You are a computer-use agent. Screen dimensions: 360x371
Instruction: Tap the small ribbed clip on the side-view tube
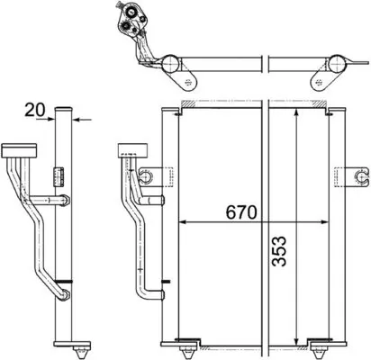61,173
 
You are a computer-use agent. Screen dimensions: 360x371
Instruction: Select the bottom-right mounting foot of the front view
320,342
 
